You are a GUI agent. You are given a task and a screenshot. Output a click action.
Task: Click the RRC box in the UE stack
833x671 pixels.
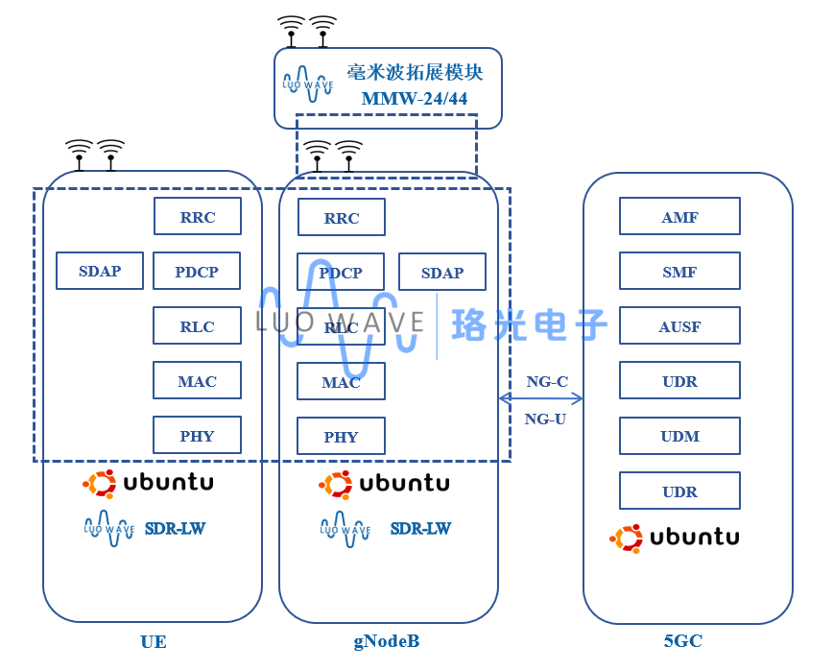[197, 217]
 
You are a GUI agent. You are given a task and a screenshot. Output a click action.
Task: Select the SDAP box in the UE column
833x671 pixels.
[100, 271]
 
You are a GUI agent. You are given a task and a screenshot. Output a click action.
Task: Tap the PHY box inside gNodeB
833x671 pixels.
[341, 437]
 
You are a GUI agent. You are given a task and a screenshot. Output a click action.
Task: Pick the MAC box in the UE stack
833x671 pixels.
[197, 381]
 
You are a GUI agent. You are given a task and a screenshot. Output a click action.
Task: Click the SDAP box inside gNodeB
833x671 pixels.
[441, 273]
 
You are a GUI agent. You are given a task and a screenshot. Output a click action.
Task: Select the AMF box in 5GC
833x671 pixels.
[679, 217]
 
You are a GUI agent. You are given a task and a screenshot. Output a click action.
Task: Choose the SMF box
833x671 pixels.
[679, 272]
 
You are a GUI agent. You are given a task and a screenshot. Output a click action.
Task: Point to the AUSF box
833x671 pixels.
[679, 326]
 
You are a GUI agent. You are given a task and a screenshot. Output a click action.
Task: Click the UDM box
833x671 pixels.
[679, 436]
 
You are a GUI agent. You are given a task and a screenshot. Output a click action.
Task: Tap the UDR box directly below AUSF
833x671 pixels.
[679, 381]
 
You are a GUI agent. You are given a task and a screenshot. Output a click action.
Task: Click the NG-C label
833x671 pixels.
[547, 382]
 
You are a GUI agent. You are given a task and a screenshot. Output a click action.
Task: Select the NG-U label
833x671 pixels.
[545, 419]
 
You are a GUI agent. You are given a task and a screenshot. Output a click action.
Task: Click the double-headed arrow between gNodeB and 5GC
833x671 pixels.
[541, 398]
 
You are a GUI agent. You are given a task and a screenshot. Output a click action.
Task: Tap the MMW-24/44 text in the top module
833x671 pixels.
[415, 99]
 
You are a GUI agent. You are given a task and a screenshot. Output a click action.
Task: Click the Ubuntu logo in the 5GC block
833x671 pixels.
[674, 538]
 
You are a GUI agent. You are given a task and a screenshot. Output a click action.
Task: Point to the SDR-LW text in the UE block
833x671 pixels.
[175, 529]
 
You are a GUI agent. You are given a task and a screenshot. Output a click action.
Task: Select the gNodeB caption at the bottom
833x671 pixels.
[386, 641]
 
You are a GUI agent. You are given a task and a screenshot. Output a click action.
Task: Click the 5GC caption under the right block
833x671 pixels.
[682, 641]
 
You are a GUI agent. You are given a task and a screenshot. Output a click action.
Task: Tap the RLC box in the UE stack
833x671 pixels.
[197, 326]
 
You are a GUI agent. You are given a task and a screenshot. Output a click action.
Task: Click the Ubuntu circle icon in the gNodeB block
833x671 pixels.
[336, 485]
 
